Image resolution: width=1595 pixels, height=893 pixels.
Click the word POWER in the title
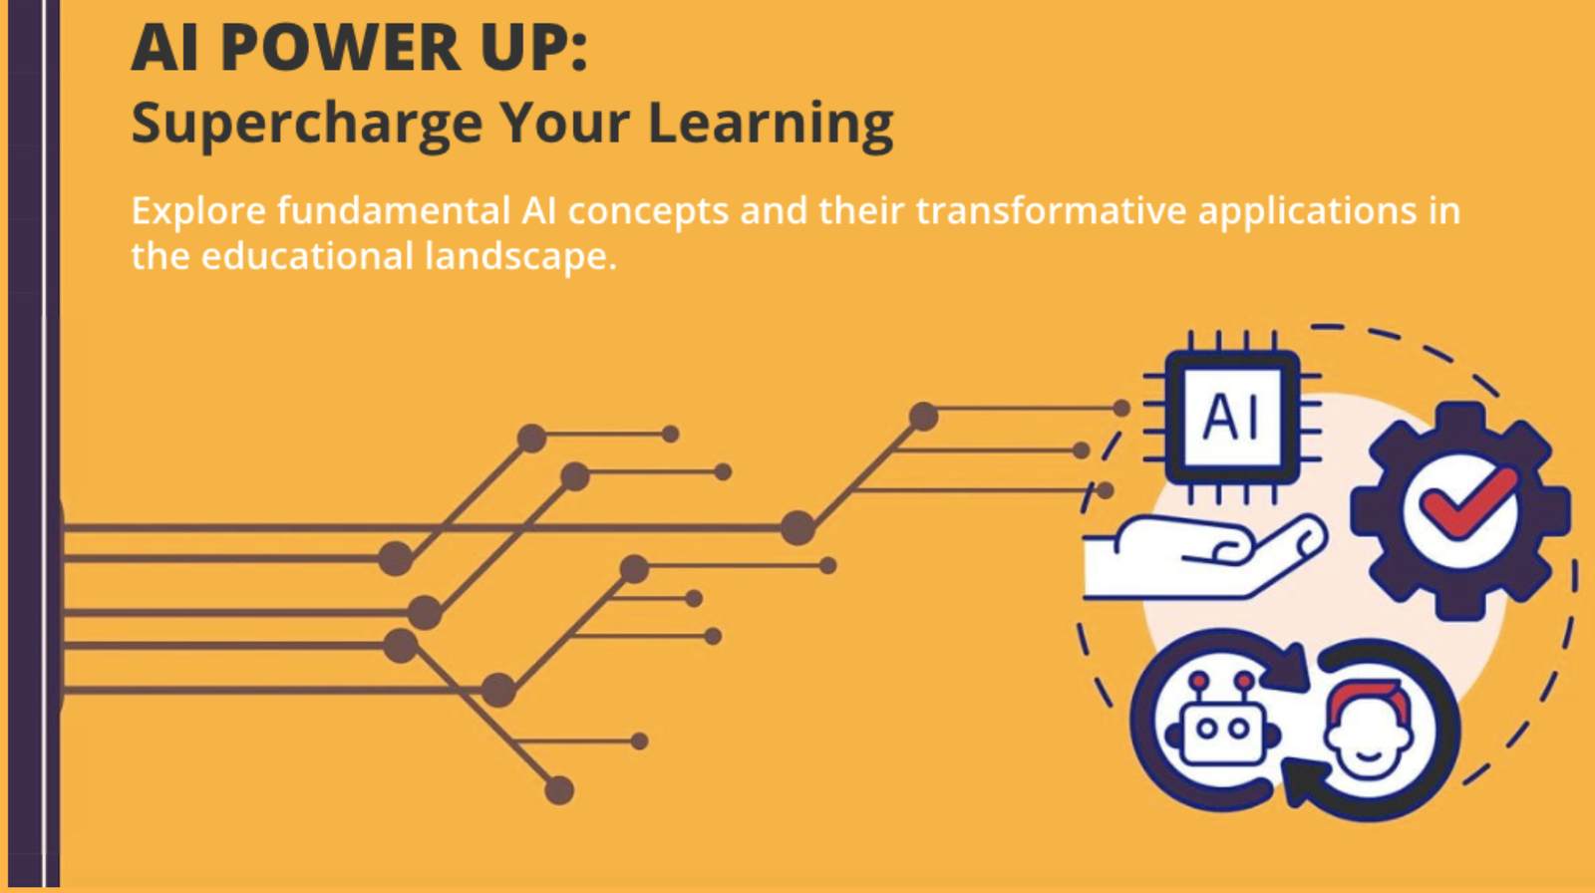coord(340,48)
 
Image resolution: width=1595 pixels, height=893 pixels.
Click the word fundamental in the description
coord(394,210)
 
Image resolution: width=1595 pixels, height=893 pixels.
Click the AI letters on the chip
coord(1231,417)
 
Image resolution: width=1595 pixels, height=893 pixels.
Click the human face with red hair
coord(1368,728)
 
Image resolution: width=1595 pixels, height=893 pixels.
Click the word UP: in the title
coord(534,48)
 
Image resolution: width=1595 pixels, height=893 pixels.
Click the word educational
coord(307,255)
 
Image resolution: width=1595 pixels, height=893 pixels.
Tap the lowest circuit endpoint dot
coord(559,790)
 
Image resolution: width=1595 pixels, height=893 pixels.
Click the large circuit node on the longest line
coord(797,527)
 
